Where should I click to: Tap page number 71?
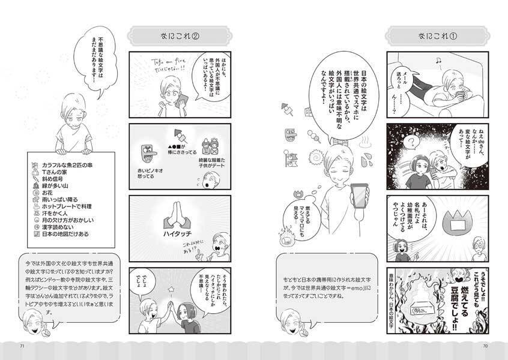coord(22,346)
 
